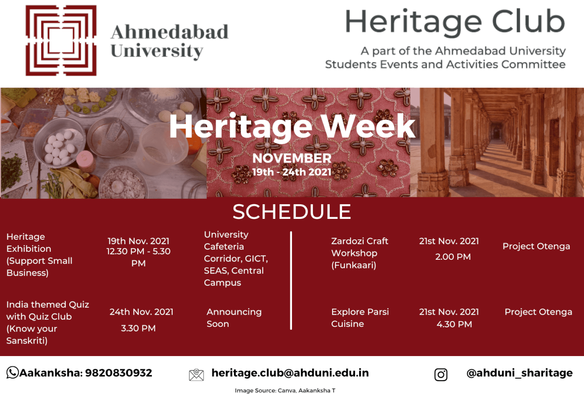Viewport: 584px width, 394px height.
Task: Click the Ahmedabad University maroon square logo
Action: point(61,40)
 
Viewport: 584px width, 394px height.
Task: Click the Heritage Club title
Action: point(455,23)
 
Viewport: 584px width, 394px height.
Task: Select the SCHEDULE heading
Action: point(292,212)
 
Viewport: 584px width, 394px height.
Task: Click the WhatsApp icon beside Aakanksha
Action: point(13,372)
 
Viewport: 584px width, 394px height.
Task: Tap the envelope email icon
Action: point(196,375)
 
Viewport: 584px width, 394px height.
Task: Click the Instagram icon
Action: point(441,375)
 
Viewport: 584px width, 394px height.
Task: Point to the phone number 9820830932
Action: point(118,373)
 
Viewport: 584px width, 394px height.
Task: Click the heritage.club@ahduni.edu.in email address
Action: point(290,373)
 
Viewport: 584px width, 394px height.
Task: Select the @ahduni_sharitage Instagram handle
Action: point(519,373)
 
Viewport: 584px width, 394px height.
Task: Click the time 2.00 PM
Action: point(453,257)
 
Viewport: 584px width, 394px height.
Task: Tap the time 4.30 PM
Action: point(454,324)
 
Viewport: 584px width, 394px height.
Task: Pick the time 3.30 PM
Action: point(138,328)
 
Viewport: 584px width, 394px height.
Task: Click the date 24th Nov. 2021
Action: point(141,312)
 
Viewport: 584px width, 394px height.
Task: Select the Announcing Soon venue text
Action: point(234,318)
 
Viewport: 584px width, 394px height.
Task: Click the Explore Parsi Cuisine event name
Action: point(360,318)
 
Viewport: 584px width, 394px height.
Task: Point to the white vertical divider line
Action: point(291,280)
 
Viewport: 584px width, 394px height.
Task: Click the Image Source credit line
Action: point(285,390)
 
